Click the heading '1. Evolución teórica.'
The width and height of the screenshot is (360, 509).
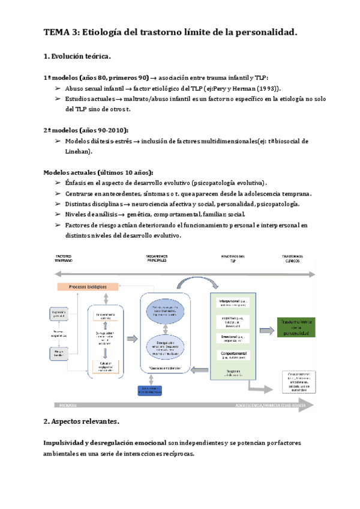coord(77,57)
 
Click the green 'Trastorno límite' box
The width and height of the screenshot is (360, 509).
coord(300,328)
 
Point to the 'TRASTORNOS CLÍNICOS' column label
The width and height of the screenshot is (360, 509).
coord(293,258)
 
